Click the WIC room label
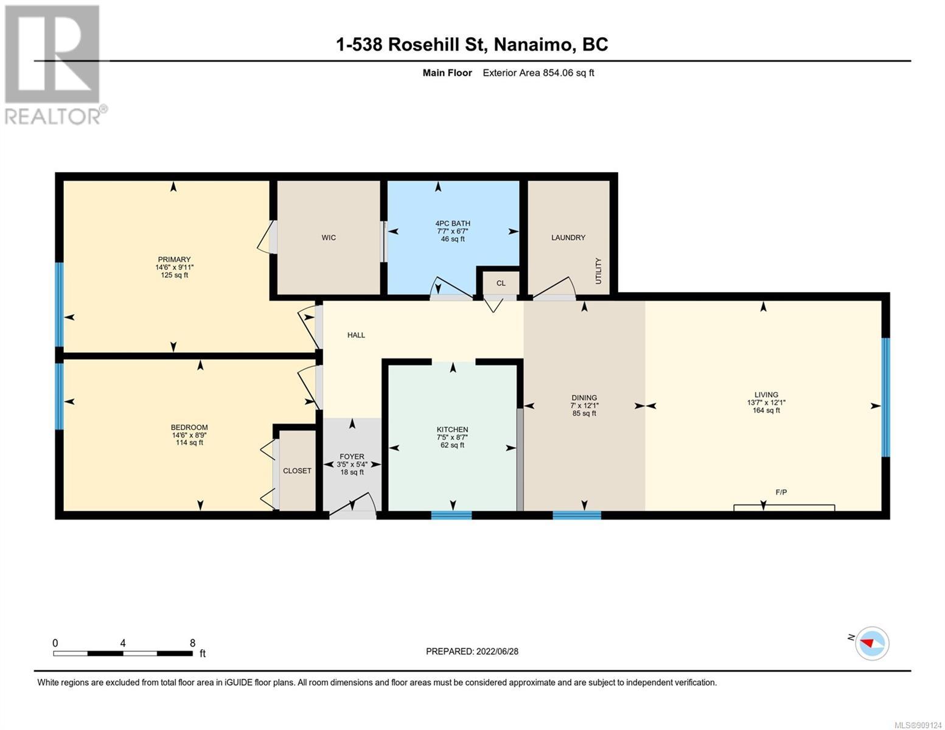coord(329,237)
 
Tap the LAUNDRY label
coord(568,237)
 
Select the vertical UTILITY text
coord(598,271)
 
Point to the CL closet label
coord(501,283)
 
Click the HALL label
coord(356,335)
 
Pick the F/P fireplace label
coord(781,492)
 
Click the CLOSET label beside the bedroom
coord(297,470)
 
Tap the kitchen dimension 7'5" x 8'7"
coord(452,437)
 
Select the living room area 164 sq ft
coord(766,410)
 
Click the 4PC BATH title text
coord(452,223)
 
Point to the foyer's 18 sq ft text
coord(352,472)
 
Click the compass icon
coord(872,644)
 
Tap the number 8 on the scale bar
coord(192,642)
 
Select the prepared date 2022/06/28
coord(497,652)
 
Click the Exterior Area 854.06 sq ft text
coord(539,72)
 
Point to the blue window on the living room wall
coord(885,397)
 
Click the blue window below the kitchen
coord(452,515)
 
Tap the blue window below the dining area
coord(577,515)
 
